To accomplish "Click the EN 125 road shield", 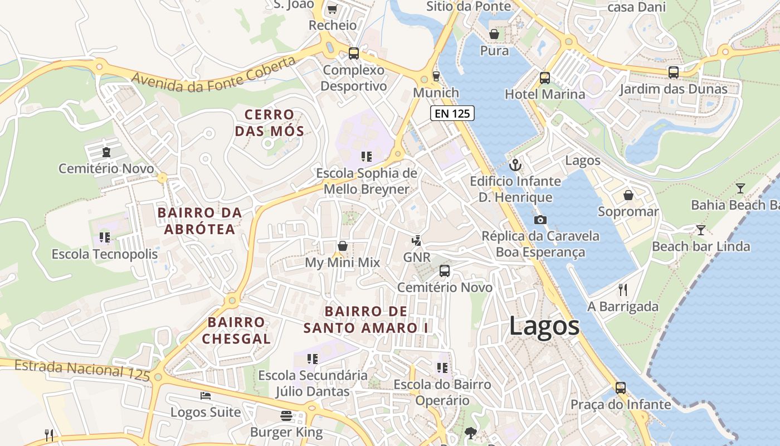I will (452, 114).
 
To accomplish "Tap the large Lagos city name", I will (544, 326).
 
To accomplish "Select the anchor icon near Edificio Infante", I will (515, 164).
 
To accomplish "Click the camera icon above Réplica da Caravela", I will (539, 220).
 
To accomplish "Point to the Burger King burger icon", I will (286, 415).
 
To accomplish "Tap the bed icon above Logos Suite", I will (206, 396).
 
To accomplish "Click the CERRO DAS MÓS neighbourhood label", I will (270, 123).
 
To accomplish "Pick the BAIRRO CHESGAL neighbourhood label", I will (236, 330).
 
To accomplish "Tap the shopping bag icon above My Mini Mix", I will (342, 246).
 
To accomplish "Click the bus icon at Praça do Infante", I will (621, 387).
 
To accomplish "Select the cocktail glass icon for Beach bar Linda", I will (701, 230).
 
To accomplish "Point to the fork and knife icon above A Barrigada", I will (623, 289).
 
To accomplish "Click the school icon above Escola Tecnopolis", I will (105, 237).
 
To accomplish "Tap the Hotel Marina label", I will (545, 94).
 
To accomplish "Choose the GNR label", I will (417, 258).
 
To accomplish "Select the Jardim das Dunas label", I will (673, 89).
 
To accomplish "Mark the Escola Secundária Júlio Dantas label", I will (313, 383).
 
